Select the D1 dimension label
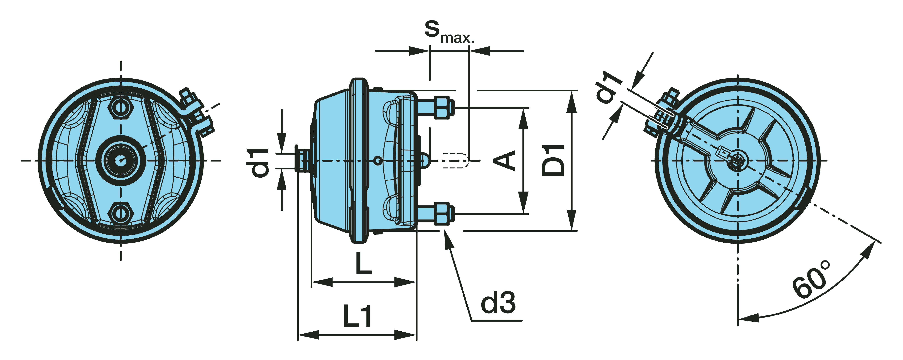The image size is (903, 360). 553,160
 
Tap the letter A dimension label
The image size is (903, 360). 504,160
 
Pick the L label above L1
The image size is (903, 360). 363,263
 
